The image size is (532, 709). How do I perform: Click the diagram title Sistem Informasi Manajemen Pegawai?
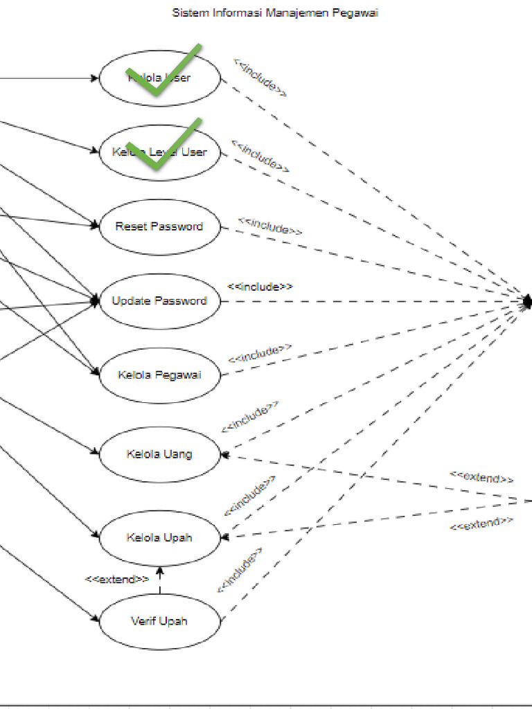[275, 13]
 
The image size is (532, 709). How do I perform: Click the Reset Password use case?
[159, 227]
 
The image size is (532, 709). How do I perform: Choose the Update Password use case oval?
[159, 301]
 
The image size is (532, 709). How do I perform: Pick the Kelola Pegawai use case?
[159, 375]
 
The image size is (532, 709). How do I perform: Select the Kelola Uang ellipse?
[159, 455]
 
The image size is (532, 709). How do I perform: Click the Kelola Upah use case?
[159, 538]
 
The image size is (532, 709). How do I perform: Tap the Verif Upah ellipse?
[159, 621]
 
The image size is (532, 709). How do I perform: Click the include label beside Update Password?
[260, 286]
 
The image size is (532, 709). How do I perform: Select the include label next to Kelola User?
[260, 77]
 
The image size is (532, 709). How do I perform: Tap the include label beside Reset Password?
[270, 226]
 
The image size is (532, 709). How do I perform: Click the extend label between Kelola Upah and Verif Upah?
[116, 580]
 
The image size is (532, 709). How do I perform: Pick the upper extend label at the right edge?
[481, 477]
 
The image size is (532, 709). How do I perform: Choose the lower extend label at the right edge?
[481, 524]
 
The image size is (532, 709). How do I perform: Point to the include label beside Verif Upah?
[240, 570]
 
